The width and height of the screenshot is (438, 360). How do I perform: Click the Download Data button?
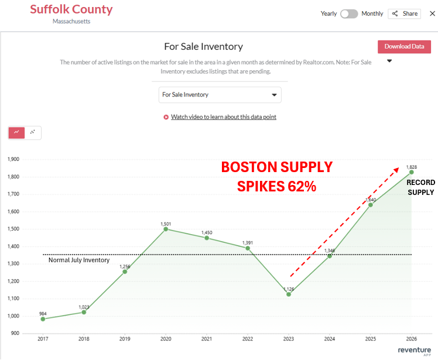[404, 47]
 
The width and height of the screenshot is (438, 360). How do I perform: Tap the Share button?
[404, 13]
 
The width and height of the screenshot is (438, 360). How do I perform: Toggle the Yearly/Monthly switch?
[349, 13]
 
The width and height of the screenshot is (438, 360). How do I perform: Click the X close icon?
[432, 13]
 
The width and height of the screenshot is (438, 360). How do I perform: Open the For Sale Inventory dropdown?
[220, 95]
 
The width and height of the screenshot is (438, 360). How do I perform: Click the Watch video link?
[224, 116]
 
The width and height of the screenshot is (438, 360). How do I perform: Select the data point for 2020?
[166, 229]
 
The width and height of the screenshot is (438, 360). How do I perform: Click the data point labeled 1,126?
[289, 294]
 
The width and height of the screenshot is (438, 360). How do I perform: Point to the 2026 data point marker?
[412, 172]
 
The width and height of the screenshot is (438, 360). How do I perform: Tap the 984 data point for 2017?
[43, 319]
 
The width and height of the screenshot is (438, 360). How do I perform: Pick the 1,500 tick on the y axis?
[13, 229]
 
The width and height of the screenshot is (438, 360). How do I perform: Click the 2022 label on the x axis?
[248, 339]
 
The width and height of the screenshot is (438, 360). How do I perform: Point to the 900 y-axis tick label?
[15, 333]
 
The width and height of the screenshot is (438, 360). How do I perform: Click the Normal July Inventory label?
[79, 260]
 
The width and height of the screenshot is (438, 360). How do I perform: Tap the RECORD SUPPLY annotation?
[420, 187]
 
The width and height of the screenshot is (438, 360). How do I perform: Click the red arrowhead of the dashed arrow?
[396, 170]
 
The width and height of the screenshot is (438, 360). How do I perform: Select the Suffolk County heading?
[71, 9]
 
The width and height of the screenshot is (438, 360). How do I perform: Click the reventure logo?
[414, 351]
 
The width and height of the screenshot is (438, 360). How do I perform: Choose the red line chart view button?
[17, 133]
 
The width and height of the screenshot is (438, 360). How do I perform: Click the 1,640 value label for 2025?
[371, 200]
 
